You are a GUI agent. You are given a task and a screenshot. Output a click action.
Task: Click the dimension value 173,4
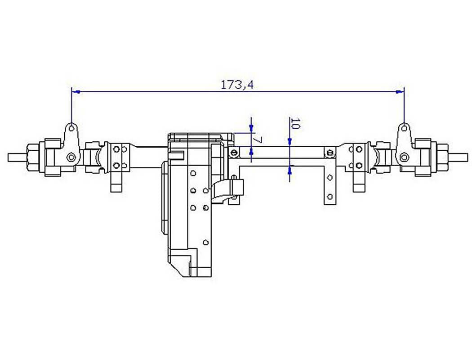pyautogui.click(x=237, y=84)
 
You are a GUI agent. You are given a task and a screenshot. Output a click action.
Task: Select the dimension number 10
pyautogui.click(x=294, y=124)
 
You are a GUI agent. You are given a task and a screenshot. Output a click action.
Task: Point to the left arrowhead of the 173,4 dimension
pyautogui.click(x=76, y=91)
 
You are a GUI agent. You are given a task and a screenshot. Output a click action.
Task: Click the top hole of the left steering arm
pyautogui.click(x=71, y=128)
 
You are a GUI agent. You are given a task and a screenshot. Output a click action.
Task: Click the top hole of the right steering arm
pyautogui.click(x=404, y=128)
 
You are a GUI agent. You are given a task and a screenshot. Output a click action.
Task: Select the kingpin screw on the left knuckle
pyautogui.click(x=71, y=157)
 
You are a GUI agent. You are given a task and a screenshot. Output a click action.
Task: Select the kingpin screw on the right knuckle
pyautogui.click(x=404, y=157)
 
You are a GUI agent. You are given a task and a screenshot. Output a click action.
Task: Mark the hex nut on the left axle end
pyautogui.click(x=33, y=157)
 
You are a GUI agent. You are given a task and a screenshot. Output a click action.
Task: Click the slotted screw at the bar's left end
pyautogui.click(x=233, y=153)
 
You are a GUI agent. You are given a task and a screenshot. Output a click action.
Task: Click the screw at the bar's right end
pyautogui.click(x=330, y=153)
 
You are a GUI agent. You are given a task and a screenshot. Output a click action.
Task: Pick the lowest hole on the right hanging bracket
pyautogui.click(x=330, y=196)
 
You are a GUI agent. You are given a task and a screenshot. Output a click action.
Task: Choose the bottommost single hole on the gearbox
pyautogui.click(x=205, y=242)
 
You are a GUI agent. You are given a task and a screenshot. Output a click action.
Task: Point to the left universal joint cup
pyautogui.click(x=95, y=157)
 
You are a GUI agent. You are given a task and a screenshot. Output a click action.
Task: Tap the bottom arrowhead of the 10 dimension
pyautogui.click(x=290, y=170)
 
